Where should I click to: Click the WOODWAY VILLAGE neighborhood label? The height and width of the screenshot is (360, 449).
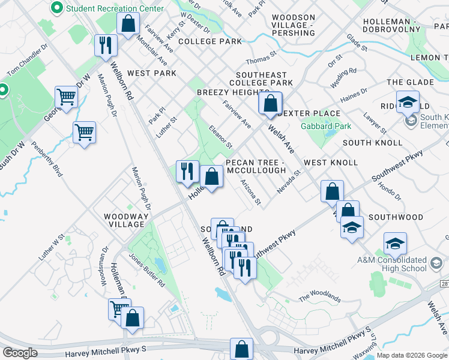pyautogui.click(x=124, y=220)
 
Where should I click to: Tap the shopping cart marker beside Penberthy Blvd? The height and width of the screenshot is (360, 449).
pyautogui.click(x=84, y=132)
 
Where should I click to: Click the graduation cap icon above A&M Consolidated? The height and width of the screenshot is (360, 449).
pyautogui.click(x=395, y=243)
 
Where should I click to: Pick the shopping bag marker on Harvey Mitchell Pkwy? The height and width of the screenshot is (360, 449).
pyautogui.click(x=241, y=349)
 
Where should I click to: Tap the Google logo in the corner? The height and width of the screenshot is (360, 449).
pyautogui.click(x=20, y=353)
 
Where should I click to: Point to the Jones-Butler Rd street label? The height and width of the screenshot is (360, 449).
pyautogui.click(x=146, y=273)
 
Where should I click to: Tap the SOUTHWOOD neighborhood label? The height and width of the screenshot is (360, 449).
pyautogui.click(x=396, y=217)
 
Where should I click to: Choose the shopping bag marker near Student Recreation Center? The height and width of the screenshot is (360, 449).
pyautogui.click(x=128, y=25)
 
